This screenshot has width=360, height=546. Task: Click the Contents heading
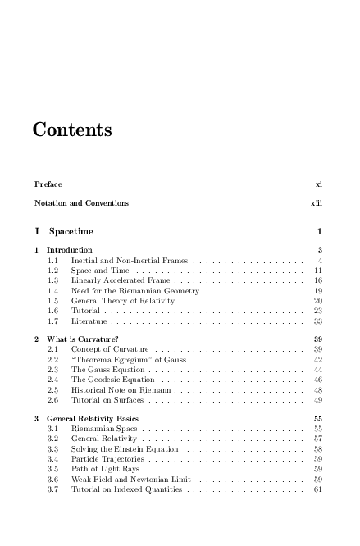(x=72, y=130)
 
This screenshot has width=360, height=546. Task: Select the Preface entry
(x=48, y=184)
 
